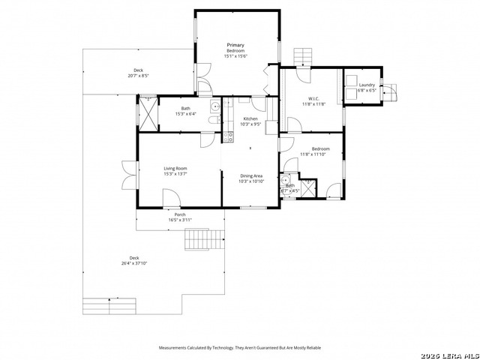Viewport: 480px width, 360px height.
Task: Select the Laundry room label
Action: (x=367, y=85)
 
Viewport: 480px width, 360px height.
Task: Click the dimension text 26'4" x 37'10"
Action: (x=134, y=263)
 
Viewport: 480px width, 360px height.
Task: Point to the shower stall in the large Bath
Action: (x=148, y=116)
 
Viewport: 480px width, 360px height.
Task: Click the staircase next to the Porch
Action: (x=205, y=239)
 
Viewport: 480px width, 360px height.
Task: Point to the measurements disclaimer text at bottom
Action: (x=239, y=348)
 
